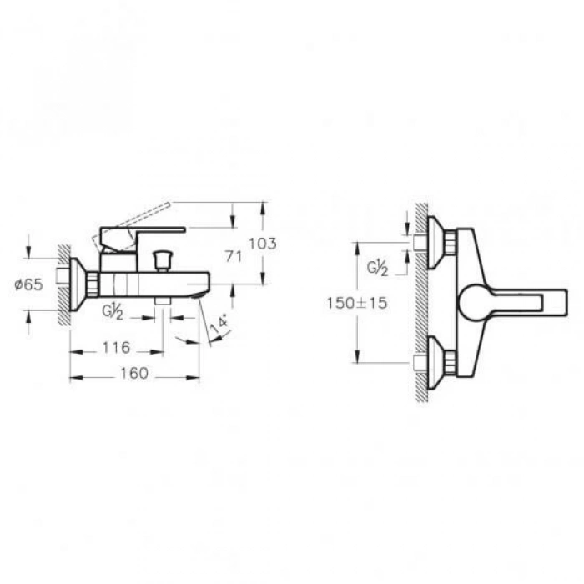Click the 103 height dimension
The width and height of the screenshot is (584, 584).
click(263, 244)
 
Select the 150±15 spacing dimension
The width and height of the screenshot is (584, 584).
click(357, 304)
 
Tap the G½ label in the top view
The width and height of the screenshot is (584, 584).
click(380, 268)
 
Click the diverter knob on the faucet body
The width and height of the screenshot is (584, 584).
click(163, 258)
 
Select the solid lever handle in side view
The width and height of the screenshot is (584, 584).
click(142, 231)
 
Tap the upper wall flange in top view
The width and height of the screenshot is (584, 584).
click(435, 243)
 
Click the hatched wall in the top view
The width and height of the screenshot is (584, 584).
click(420, 300)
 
